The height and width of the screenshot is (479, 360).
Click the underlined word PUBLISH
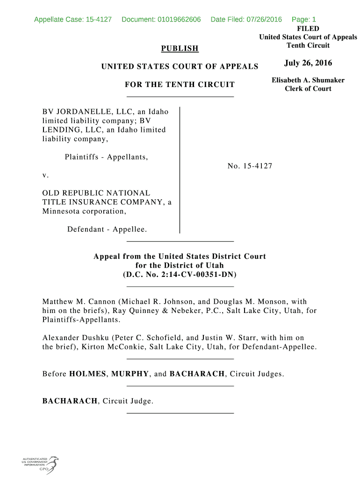coord(180,49)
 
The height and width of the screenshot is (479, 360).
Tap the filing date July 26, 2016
coord(308,63)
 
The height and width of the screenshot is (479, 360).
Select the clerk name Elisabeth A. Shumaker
coord(308,80)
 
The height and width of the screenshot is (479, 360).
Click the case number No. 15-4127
coord(250,166)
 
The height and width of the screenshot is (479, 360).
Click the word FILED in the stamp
coord(308,29)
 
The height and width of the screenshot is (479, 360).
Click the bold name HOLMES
coord(87,374)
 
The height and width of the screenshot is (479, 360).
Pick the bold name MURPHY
coord(130,374)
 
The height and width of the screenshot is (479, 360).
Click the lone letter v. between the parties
coord(45,175)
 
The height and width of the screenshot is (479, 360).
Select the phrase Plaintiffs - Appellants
coord(106,157)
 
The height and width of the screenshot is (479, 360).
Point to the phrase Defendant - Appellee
coord(107,229)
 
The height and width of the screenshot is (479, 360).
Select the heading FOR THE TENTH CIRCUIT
coord(180,85)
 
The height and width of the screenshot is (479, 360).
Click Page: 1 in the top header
coord(304,20)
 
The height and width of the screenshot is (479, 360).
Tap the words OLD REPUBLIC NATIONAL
coord(96,193)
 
